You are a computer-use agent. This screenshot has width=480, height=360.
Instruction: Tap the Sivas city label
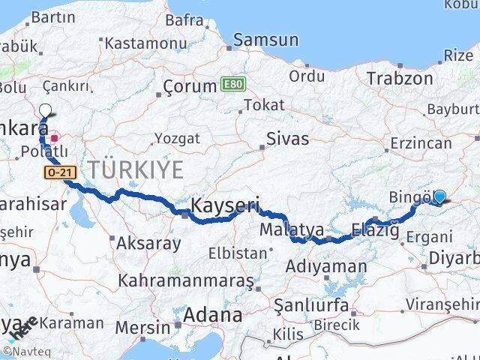289,139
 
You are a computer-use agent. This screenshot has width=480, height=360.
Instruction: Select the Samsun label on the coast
260,41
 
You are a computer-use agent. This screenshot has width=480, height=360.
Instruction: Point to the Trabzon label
396,76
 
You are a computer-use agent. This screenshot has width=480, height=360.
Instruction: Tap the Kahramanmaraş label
186,281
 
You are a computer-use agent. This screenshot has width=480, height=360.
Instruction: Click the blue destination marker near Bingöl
439,196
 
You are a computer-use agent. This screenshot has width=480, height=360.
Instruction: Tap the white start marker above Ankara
45,110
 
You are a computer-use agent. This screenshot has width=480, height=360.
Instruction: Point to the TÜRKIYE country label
135,170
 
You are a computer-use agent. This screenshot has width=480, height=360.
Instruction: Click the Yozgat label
177,138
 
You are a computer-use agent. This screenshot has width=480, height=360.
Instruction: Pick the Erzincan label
420,142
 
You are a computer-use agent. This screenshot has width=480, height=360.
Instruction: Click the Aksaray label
148,243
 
